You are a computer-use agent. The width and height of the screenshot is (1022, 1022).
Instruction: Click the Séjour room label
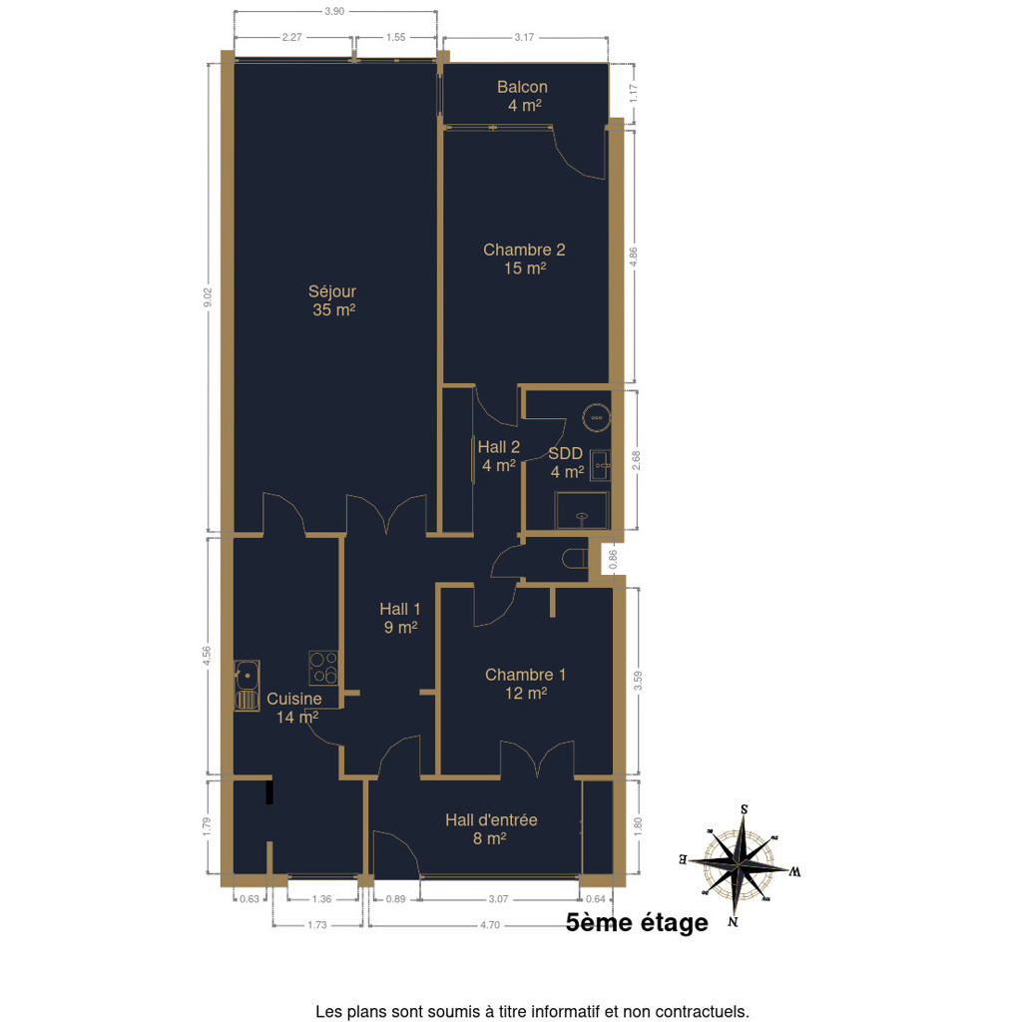click(x=332, y=291)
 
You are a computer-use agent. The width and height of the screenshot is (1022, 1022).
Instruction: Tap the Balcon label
click(x=522, y=87)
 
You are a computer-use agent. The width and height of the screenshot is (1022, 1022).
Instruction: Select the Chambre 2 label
click(x=524, y=250)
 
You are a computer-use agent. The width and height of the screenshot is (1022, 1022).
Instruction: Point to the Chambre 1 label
click(x=525, y=675)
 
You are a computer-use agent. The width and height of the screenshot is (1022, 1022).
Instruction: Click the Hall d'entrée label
click(x=491, y=820)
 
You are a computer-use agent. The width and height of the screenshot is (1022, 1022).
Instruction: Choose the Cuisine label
click(x=294, y=699)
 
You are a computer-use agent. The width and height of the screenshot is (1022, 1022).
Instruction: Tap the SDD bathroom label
click(x=565, y=454)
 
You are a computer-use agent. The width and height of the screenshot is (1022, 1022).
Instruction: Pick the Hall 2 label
click(x=499, y=447)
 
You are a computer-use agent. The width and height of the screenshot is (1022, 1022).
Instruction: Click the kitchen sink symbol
click(x=248, y=685)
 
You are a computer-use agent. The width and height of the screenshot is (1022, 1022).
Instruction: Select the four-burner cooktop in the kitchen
click(x=323, y=668)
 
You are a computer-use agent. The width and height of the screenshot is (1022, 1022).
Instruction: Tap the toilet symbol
click(x=574, y=559)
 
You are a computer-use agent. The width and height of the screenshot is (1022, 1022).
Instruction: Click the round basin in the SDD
click(x=596, y=416)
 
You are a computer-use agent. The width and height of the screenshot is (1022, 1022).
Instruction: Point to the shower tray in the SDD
click(x=582, y=510)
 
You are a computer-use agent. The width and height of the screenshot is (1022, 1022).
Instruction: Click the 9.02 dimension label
click(x=208, y=297)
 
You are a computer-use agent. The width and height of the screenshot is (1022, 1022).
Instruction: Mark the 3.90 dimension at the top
click(x=334, y=11)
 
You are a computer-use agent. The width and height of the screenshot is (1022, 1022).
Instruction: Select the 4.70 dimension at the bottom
click(x=489, y=925)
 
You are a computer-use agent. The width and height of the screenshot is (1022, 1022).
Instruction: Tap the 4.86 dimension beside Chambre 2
click(x=633, y=256)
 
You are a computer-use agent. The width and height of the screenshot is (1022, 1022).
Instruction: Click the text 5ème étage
click(x=637, y=922)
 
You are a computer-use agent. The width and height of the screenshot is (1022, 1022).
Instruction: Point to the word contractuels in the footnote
click(x=702, y=1012)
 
